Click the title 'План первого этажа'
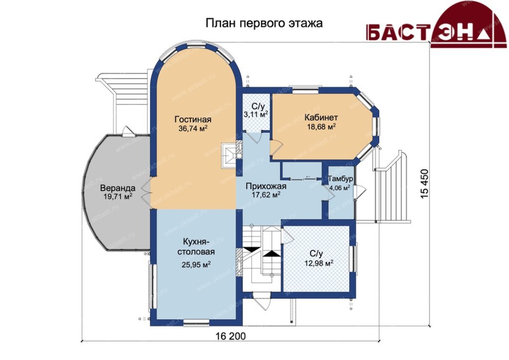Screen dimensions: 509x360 tap(264, 23)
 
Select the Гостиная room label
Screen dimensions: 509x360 tap(193, 119)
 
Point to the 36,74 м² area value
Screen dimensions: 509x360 tap(193, 128)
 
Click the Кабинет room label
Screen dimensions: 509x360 tap(321, 117)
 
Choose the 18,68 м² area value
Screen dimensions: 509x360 tap(321, 126)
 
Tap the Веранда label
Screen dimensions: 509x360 tap(117, 188)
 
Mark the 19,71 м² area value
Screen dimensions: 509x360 tap(117, 196)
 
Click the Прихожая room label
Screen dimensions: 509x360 tap(266, 186)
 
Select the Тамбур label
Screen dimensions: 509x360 tap(340, 179)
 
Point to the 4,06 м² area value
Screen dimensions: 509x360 tap(339, 187)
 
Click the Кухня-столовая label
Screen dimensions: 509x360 tap(198, 247)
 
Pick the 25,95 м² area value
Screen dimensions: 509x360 tap(196, 265)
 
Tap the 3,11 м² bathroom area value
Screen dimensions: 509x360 tap(256, 114)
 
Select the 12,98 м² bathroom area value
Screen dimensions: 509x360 tap(319, 263)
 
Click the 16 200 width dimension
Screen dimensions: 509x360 tap(231, 336)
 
